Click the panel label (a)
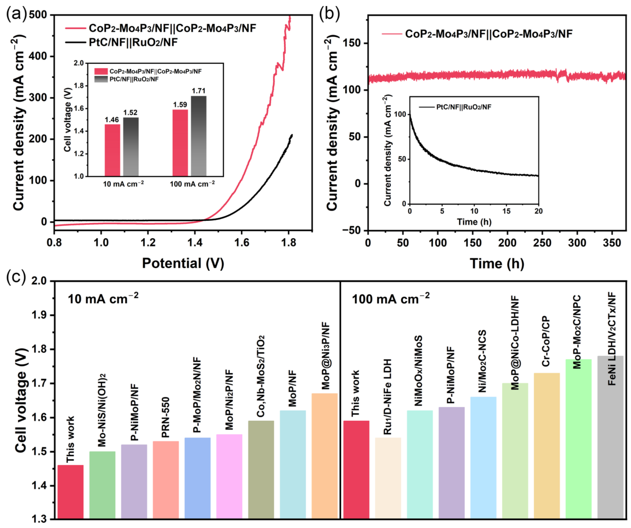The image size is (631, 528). (x=17, y=14)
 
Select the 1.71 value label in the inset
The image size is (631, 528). (x=199, y=91)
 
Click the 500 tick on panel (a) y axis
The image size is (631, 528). (x=38, y=15)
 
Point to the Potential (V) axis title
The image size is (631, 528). (x=183, y=263)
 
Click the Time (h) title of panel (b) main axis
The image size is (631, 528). (x=497, y=263)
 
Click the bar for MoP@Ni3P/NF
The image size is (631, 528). (x=324, y=456)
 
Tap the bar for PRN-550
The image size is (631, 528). (x=166, y=480)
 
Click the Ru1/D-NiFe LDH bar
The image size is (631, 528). (x=388, y=478)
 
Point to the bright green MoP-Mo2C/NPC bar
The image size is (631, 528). (x=578, y=439)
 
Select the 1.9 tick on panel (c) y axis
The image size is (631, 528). (x=39, y=315)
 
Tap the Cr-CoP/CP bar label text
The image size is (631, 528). (x=546, y=341)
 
